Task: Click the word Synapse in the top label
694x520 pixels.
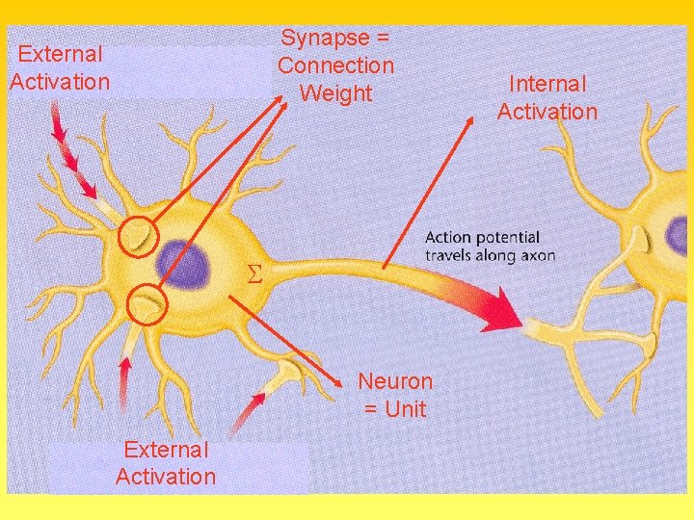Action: click(x=326, y=39)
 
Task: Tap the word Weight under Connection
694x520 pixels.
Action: click(x=336, y=93)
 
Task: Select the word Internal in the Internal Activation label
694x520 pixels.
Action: click(x=547, y=84)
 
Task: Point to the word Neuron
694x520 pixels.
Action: click(x=395, y=381)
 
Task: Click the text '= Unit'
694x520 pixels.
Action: click(x=395, y=409)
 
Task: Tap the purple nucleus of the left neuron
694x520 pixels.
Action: click(x=184, y=264)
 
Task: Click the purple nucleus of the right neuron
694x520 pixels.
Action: click(x=678, y=236)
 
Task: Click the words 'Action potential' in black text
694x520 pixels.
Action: click(x=482, y=238)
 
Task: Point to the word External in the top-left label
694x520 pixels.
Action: click(x=60, y=54)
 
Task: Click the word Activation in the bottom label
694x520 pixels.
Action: click(x=166, y=477)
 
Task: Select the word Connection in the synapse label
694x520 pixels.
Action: click(x=336, y=65)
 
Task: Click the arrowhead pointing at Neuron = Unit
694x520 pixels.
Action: click(x=337, y=383)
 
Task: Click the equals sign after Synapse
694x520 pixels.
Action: click(x=382, y=38)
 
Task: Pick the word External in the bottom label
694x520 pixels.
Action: click(x=166, y=450)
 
